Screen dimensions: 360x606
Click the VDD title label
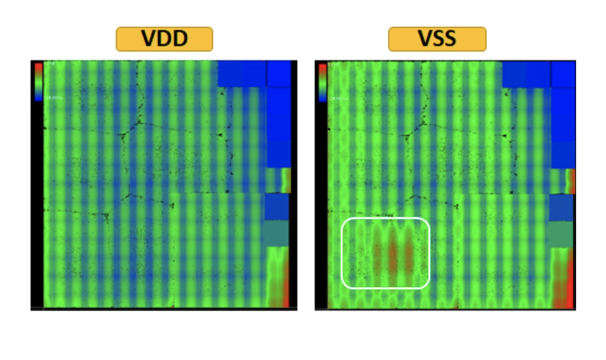tap(164, 39)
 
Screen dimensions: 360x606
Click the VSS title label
tap(437, 39)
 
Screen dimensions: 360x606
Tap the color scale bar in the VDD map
tap(38, 80)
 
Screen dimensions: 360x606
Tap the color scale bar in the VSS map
tap(322, 80)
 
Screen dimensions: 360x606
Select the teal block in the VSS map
tap(561, 233)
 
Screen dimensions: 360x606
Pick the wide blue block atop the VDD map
tap(241, 73)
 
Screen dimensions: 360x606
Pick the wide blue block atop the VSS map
tap(525, 73)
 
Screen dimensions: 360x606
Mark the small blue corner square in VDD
tap(279, 73)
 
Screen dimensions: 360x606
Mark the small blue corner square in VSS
tap(563, 73)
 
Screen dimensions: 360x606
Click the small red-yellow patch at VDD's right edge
tap(285, 180)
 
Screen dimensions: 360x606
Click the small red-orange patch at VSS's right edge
tap(570, 181)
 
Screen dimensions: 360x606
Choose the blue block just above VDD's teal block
tap(276, 206)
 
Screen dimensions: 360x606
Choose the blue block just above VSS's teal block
tap(561, 207)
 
